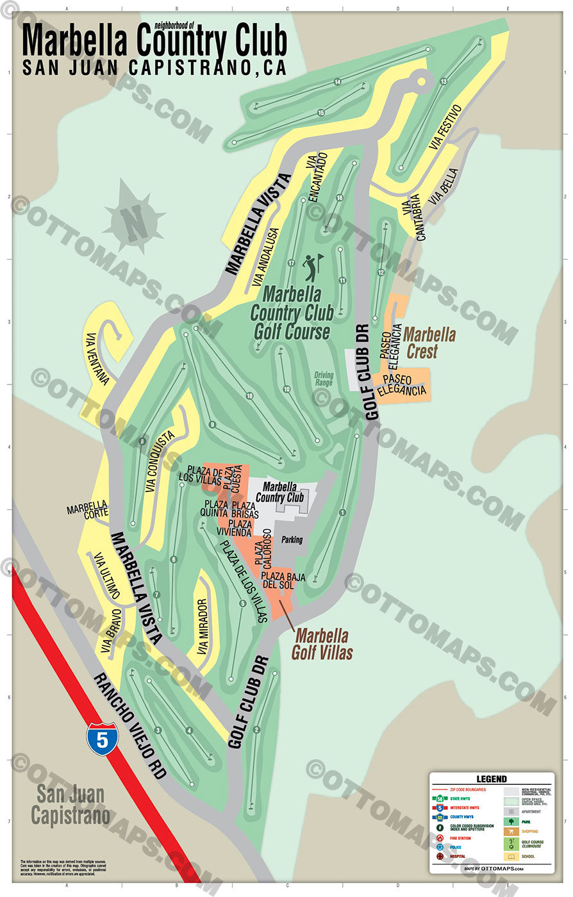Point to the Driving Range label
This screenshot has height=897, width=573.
[x=324, y=379]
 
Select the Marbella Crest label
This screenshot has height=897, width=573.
[x=429, y=342]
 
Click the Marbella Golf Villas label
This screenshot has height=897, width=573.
[x=322, y=643]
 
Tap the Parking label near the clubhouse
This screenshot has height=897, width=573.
[x=292, y=539]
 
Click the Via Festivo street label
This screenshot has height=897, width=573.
[x=446, y=128]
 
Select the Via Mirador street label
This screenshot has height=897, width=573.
[x=203, y=627]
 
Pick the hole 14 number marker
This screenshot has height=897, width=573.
[x=337, y=82]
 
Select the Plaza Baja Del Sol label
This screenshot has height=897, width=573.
[x=283, y=580]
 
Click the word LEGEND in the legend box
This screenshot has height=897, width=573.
[x=492, y=779]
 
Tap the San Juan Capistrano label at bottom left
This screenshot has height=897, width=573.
[x=70, y=804]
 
